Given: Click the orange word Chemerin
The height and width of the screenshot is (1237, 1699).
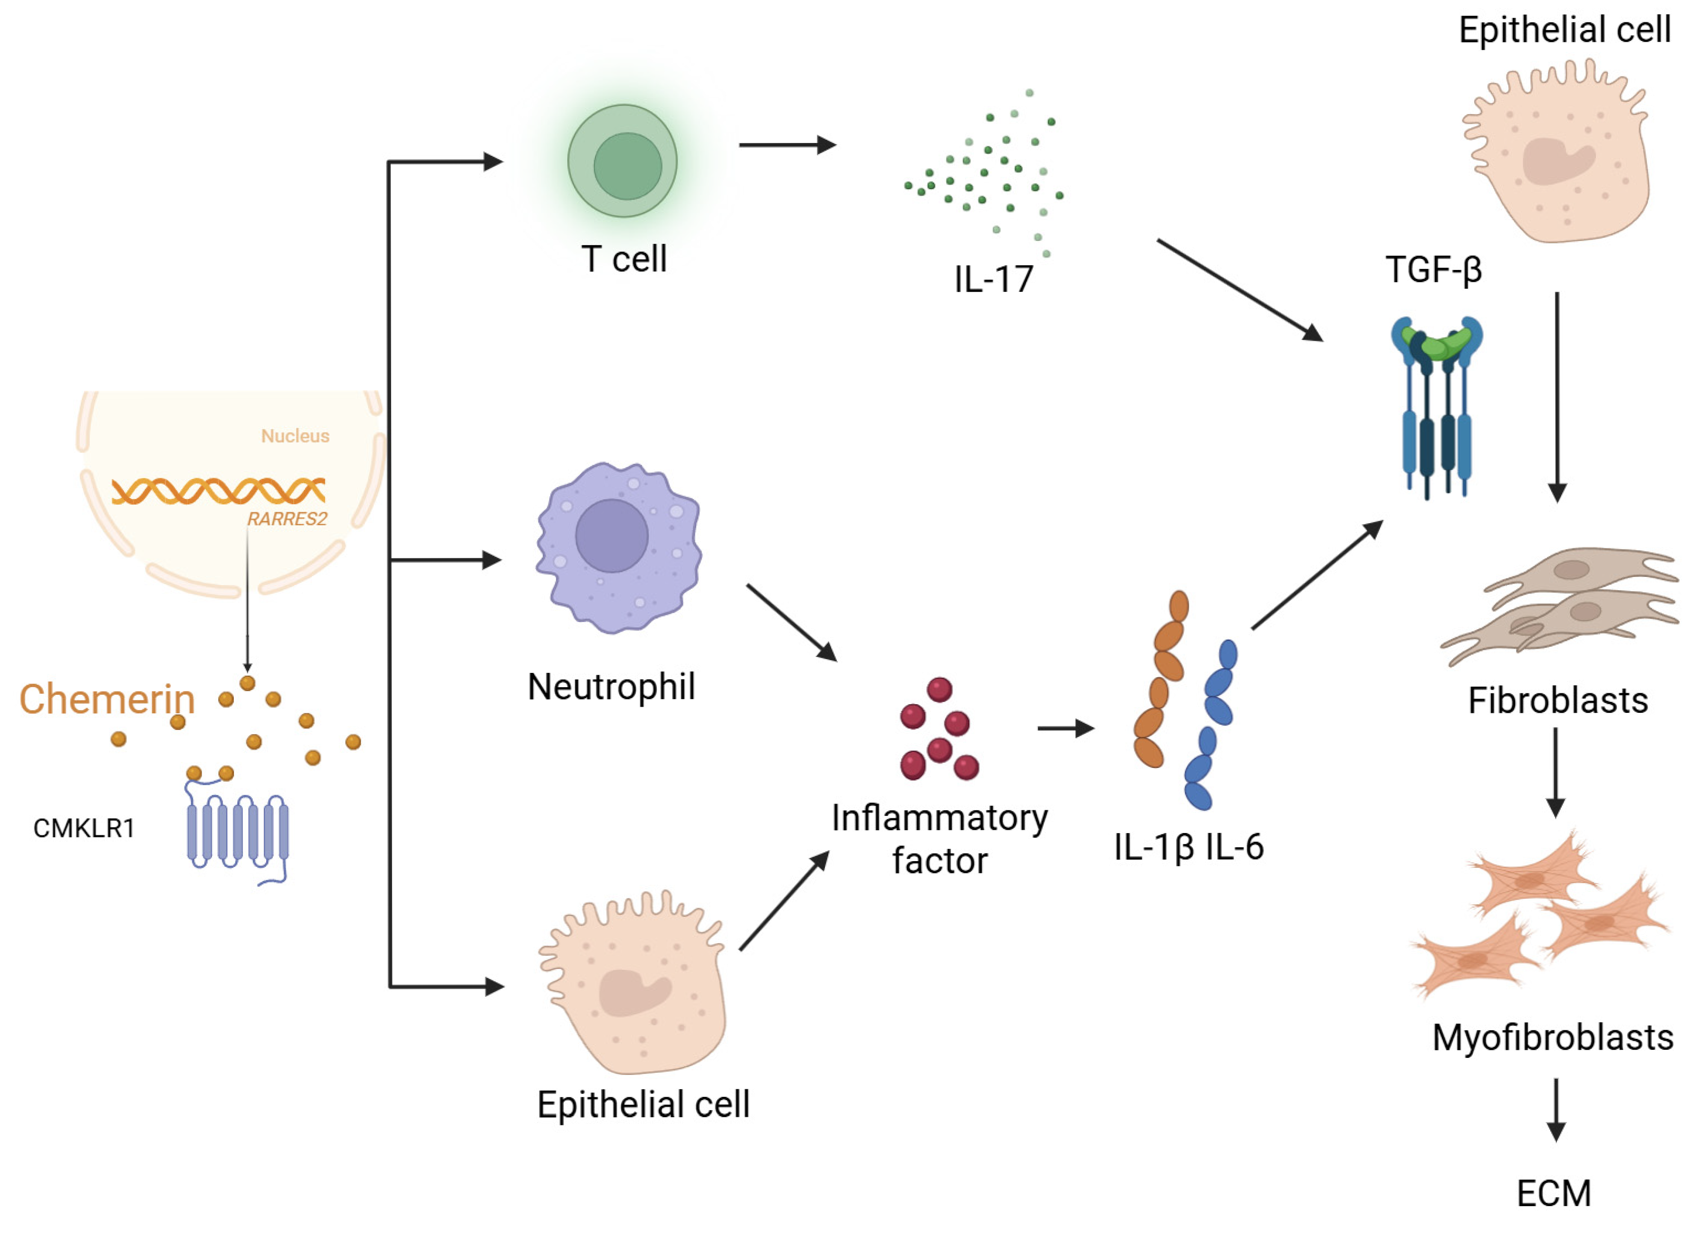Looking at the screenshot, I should coord(106,699).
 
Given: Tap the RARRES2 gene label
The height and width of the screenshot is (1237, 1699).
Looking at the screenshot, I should coord(287,518).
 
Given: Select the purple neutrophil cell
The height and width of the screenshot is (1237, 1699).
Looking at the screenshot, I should coord(617,547).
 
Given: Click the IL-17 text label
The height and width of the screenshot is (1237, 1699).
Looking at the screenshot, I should coord(993,279).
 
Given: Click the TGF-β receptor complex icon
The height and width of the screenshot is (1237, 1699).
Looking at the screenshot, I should coord(1436,404).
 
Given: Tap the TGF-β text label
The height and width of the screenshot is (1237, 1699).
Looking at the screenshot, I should coord(1433,270).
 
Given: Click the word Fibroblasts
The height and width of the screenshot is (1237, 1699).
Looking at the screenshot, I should coord(1557,700).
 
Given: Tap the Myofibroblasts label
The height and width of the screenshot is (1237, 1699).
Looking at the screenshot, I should coord(1552,1038).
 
